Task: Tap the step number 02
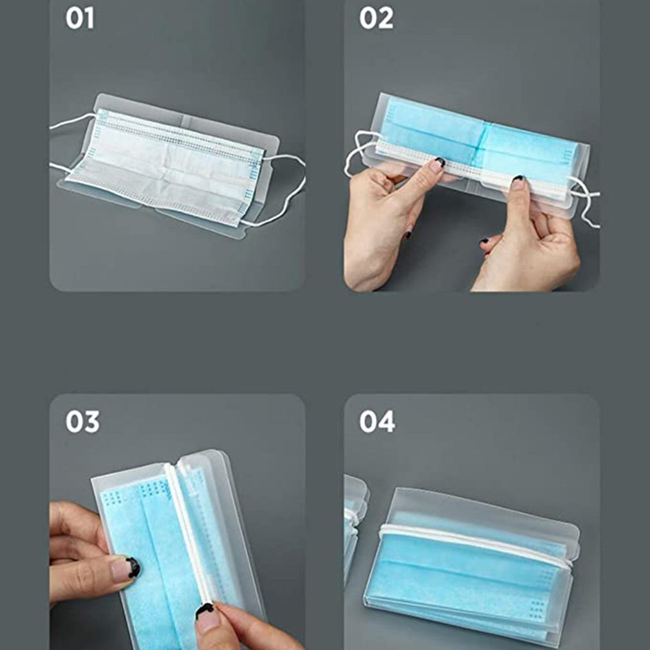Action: pos(376,19)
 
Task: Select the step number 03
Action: pos(83,422)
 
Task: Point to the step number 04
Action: pos(377,422)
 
